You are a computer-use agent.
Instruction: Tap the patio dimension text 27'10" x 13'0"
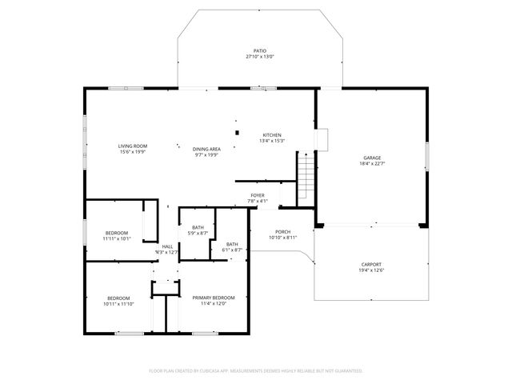pos(258,57)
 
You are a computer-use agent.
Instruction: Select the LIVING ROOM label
pos(133,146)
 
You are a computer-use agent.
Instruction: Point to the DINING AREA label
pos(206,149)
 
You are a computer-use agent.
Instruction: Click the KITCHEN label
pos(272,134)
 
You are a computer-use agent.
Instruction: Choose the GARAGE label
pos(371,158)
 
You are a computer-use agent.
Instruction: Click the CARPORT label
pos(370,265)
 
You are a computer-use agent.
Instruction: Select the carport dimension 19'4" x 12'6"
pos(370,270)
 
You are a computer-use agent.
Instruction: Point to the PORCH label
pos(282,231)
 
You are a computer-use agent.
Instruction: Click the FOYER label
pos(257,195)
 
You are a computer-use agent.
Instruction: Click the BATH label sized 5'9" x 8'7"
pos(197,227)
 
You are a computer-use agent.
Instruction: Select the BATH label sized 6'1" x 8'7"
pos(232,244)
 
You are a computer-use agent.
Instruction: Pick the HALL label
pos(167,246)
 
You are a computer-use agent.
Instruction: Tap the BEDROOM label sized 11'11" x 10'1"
pos(116,233)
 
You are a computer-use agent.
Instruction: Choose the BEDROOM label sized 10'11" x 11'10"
pos(118,298)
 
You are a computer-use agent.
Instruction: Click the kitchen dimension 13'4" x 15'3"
pos(272,141)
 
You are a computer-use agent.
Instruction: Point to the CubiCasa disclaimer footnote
pos(256,370)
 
